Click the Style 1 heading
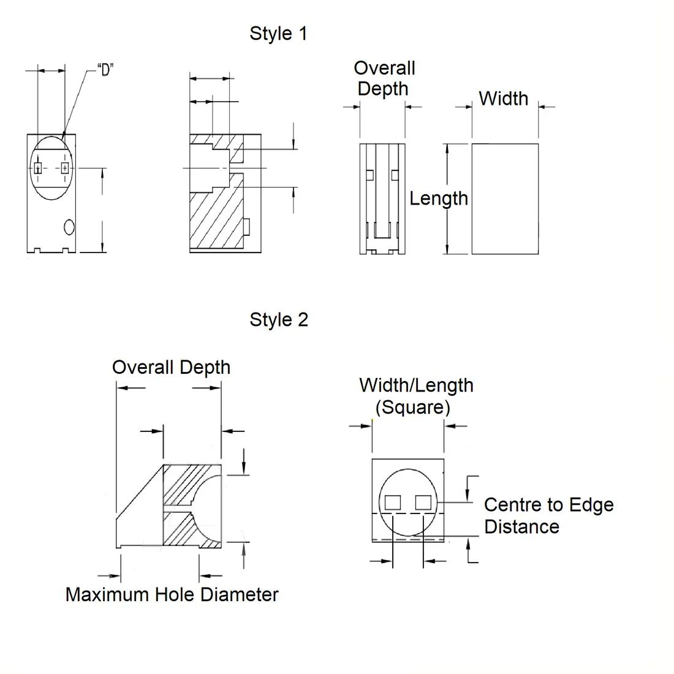[x=278, y=33]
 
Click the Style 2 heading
[x=279, y=319]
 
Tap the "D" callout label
[x=105, y=70]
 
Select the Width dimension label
[x=503, y=98]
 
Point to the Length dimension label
[x=438, y=198]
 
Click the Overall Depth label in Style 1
[x=384, y=78]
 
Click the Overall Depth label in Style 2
[x=171, y=367]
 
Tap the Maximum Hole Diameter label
[x=172, y=594]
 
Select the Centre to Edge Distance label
[x=548, y=515]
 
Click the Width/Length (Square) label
[x=416, y=396]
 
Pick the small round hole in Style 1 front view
[x=69, y=227]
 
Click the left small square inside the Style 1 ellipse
[x=38, y=168]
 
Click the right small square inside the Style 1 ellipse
[x=65, y=168]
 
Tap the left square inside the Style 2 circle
[x=392, y=503]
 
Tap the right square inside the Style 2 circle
[x=423, y=503]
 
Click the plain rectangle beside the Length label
[x=505, y=199]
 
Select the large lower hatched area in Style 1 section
[x=214, y=218]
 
